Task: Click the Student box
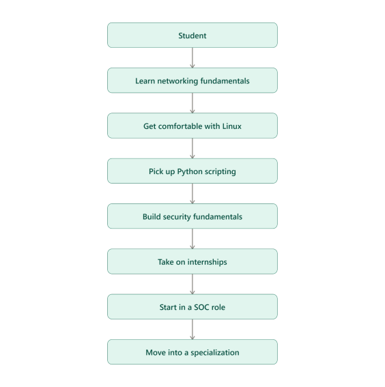(x=192, y=35)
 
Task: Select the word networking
(x=177, y=81)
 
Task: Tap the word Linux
(x=231, y=126)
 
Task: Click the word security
(x=177, y=217)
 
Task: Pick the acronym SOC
(x=201, y=307)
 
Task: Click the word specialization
(x=215, y=353)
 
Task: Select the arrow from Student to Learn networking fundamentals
(x=192, y=58)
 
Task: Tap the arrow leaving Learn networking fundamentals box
(x=192, y=103)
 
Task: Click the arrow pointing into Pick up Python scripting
(x=192, y=148)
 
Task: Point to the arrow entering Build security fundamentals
(x=192, y=194)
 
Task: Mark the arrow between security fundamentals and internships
(x=192, y=239)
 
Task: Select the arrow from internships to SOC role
(x=192, y=284)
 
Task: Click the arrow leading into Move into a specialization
(x=192, y=329)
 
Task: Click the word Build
(x=152, y=216)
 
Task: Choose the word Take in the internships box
(x=166, y=262)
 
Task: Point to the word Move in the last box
(x=154, y=352)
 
